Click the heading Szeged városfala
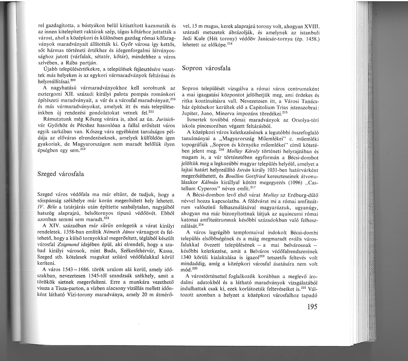[61, 174]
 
